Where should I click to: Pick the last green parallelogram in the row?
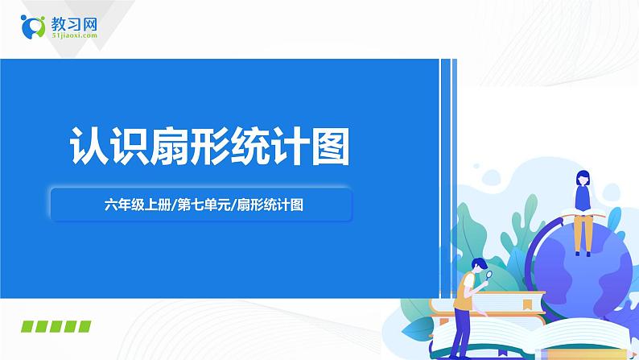pyautogui.click(x=81, y=326)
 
